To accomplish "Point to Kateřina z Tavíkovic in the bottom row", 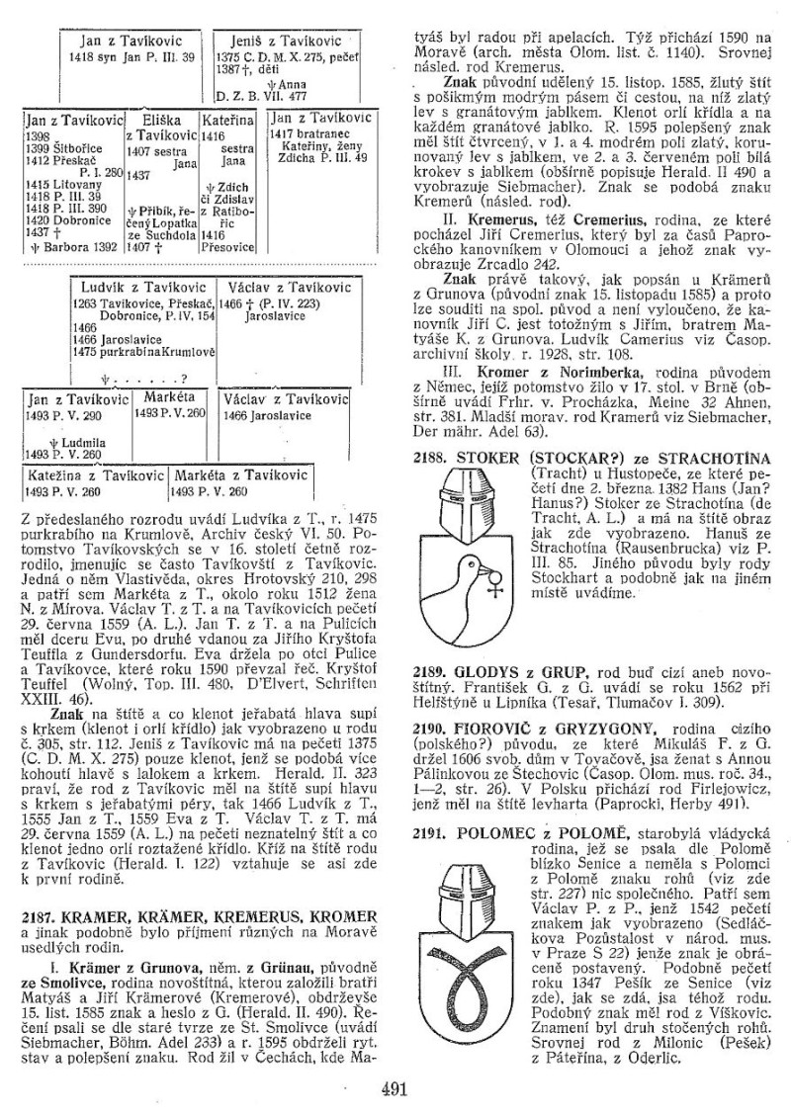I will [x=82, y=475].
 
